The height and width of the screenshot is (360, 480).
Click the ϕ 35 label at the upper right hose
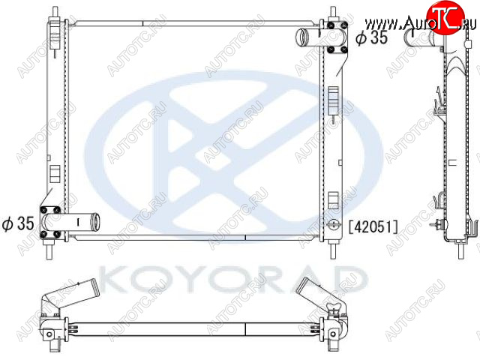371,37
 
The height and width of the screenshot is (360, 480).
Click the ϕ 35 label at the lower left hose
18,223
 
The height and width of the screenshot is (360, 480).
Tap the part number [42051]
373,226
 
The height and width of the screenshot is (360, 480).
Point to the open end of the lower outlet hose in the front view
96,221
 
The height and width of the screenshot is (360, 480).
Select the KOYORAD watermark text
232,279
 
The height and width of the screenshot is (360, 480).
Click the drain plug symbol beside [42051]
333,224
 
